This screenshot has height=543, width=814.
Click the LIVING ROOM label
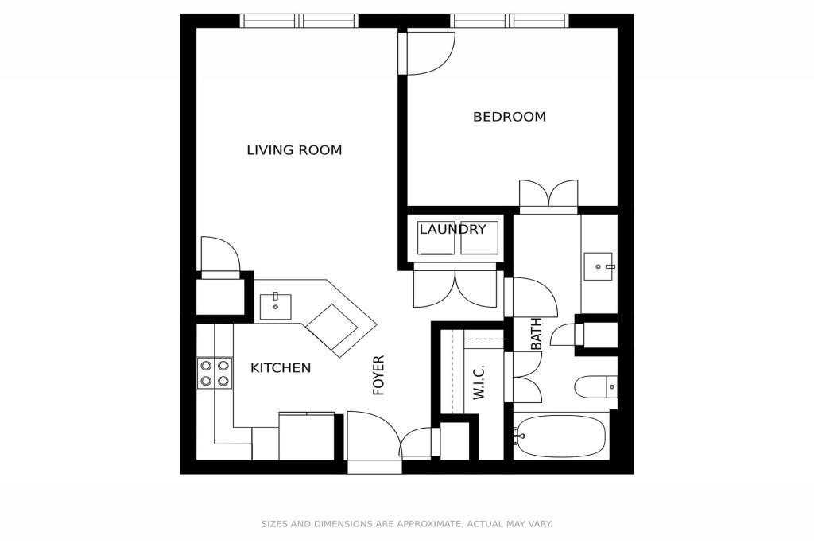pyautogui.click(x=294, y=150)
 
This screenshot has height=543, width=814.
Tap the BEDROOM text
pyautogui.click(x=510, y=117)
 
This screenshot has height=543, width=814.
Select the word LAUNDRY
pyautogui.click(x=452, y=229)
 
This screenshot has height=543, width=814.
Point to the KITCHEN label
pyautogui.click(x=281, y=368)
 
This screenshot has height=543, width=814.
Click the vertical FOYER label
pyautogui.click(x=379, y=375)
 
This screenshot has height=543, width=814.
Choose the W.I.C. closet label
pyautogui.click(x=478, y=382)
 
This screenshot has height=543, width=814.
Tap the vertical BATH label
pyautogui.click(x=537, y=334)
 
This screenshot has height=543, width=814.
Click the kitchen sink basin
pyautogui.click(x=275, y=307)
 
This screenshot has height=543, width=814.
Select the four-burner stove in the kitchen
pyautogui.click(x=215, y=373)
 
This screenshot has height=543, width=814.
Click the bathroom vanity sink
pyautogui.click(x=599, y=266)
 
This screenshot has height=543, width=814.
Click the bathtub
pyautogui.click(x=560, y=436)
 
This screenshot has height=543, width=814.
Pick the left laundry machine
pyautogui.click(x=436, y=238)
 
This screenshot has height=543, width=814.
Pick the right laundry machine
pyautogui.click(x=479, y=238)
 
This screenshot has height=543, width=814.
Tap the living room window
pyautogui.click(x=299, y=21)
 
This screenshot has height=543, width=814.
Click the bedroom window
pyautogui.click(x=510, y=21)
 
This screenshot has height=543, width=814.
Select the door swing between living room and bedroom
pyautogui.click(x=427, y=53)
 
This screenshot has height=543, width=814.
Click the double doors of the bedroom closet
pyautogui.click(x=548, y=196)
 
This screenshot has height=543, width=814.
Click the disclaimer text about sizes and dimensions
pyautogui.click(x=406, y=524)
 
